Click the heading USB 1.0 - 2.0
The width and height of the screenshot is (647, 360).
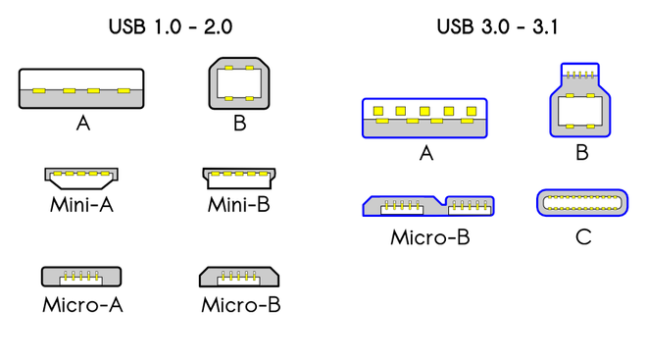[171, 26]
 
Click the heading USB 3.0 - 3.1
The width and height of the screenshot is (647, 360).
[497, 26]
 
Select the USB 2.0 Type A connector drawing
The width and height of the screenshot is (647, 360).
[81, 88]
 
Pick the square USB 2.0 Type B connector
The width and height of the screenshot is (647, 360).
[239, 83]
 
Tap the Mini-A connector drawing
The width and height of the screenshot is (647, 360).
[81, 178]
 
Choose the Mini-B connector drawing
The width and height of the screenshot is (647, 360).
[239, 178]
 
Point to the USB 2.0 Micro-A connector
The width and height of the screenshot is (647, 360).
[81, 276]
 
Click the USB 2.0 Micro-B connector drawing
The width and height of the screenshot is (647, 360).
[240, 276]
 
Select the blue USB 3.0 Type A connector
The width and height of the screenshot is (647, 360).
[424, 118]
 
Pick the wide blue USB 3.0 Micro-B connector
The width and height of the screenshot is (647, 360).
[427, 205]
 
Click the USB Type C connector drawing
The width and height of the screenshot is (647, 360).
[582, 203]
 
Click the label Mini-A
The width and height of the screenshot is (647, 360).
[81, 205]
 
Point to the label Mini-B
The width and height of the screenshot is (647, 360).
[238, 205]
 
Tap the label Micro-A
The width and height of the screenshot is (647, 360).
[82, 304]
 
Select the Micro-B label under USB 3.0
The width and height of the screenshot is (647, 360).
[429, 237]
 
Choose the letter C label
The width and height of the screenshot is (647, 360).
[583, 237]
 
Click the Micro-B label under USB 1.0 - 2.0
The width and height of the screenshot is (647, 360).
[240, 304]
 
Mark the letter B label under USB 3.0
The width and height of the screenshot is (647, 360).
[581, 153]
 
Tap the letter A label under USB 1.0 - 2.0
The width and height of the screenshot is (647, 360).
[83, 124]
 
